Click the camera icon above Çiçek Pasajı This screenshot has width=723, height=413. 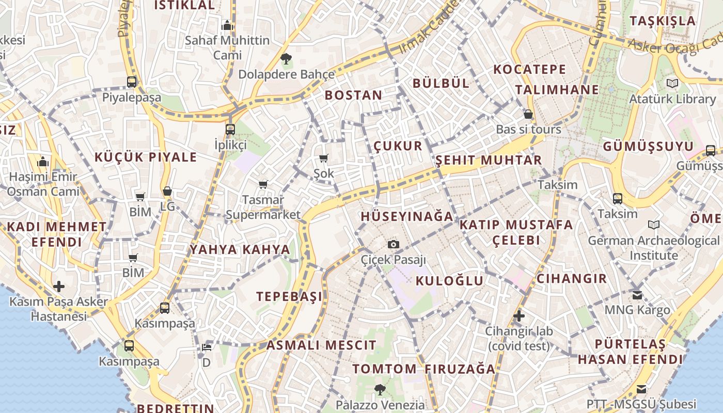(394, 244)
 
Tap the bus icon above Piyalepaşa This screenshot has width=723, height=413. (132, 82)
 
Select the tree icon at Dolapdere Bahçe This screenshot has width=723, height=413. (286, 59)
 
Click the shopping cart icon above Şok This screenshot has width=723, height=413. (324, 158)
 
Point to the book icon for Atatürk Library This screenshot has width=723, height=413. (672, 83)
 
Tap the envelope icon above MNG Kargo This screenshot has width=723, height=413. (637, 295)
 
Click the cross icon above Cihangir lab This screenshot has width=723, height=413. (519, 316)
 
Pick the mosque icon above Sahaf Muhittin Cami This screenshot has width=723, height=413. (227, 25)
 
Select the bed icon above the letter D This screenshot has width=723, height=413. (206, 347)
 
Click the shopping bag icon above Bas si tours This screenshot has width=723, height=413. (528, 114)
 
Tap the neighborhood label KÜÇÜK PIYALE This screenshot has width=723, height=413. (146, 157)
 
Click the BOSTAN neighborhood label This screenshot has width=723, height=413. (353, 95)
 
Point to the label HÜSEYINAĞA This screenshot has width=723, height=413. (407, 216)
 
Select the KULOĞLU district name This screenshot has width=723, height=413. (449, 281)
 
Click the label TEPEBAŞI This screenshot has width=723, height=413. (289, 296)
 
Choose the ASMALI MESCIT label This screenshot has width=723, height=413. (321, 345)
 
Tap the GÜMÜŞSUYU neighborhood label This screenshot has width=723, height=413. (648, 147)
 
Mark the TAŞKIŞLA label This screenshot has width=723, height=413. (663, 21)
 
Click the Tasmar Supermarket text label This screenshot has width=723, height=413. (263, 207)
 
